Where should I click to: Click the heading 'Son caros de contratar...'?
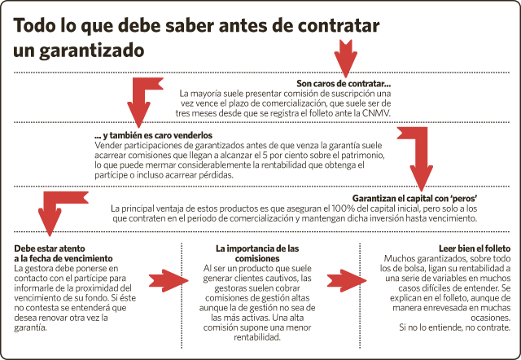344,83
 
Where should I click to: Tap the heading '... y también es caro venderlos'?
154,135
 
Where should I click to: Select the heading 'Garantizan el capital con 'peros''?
414,199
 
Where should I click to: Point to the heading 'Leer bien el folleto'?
475,248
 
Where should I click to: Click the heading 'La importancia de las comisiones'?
257,253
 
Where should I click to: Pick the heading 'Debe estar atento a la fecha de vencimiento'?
63,253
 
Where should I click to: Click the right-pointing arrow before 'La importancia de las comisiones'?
169,281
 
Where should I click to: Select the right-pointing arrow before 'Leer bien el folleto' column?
347,281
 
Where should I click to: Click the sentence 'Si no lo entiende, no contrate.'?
454,327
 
